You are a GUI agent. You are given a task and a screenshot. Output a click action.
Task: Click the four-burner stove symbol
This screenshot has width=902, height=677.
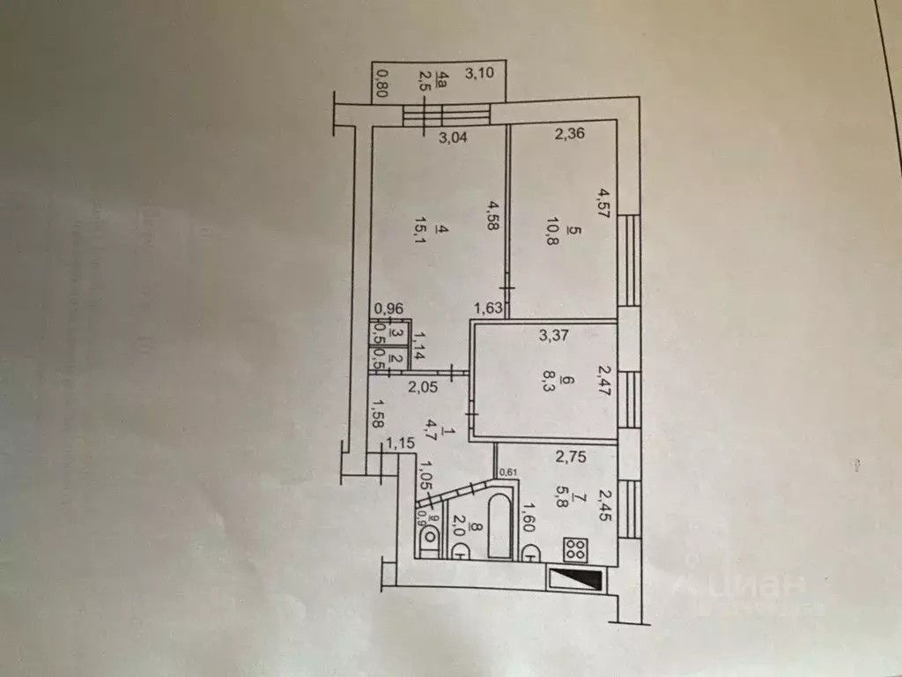pyautogui.click(x=576, y=550)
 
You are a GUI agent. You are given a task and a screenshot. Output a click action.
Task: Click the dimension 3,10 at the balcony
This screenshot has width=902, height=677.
pyautogui.click(x=479, y=74)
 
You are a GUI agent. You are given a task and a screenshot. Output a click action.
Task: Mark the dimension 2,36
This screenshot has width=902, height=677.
pyautogui.click(x=570, y=135)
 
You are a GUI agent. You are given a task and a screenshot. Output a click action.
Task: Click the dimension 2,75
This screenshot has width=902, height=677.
pyautogui.click(x=571, y=457)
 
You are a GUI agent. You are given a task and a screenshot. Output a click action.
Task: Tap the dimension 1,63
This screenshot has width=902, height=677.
pyautogui.click(x=490, y=308)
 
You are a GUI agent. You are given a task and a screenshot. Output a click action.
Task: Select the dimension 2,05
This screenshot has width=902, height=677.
pyautogui.click(x=422, y=385)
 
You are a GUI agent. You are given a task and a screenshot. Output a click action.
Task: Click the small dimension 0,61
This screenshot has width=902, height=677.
pyautogui.click(x=507, y=472)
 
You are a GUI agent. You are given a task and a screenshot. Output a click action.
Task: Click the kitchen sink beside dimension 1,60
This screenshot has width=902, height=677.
pyautogui.click(x=531, y=553)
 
